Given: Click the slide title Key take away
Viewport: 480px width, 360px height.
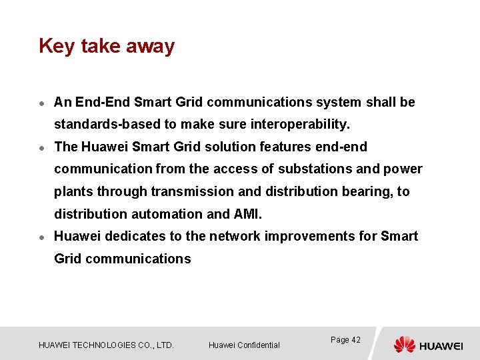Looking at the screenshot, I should click(107, 46).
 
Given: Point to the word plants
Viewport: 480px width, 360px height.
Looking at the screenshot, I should click(73, 192).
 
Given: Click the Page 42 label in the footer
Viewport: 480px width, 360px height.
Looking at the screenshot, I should click(345, 340).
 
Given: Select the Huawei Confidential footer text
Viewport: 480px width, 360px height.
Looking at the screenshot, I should click(244, 345).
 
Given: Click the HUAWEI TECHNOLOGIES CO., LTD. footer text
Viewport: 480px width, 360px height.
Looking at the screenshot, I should click(106, 345).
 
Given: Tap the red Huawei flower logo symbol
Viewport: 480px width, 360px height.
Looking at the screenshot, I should click(404, 344).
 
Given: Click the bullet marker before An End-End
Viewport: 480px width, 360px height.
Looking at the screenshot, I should click(41, 103).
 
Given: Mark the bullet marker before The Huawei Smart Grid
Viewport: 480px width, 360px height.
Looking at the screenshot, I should click(41, 147).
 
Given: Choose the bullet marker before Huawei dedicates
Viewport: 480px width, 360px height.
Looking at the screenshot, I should click(41, 237).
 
